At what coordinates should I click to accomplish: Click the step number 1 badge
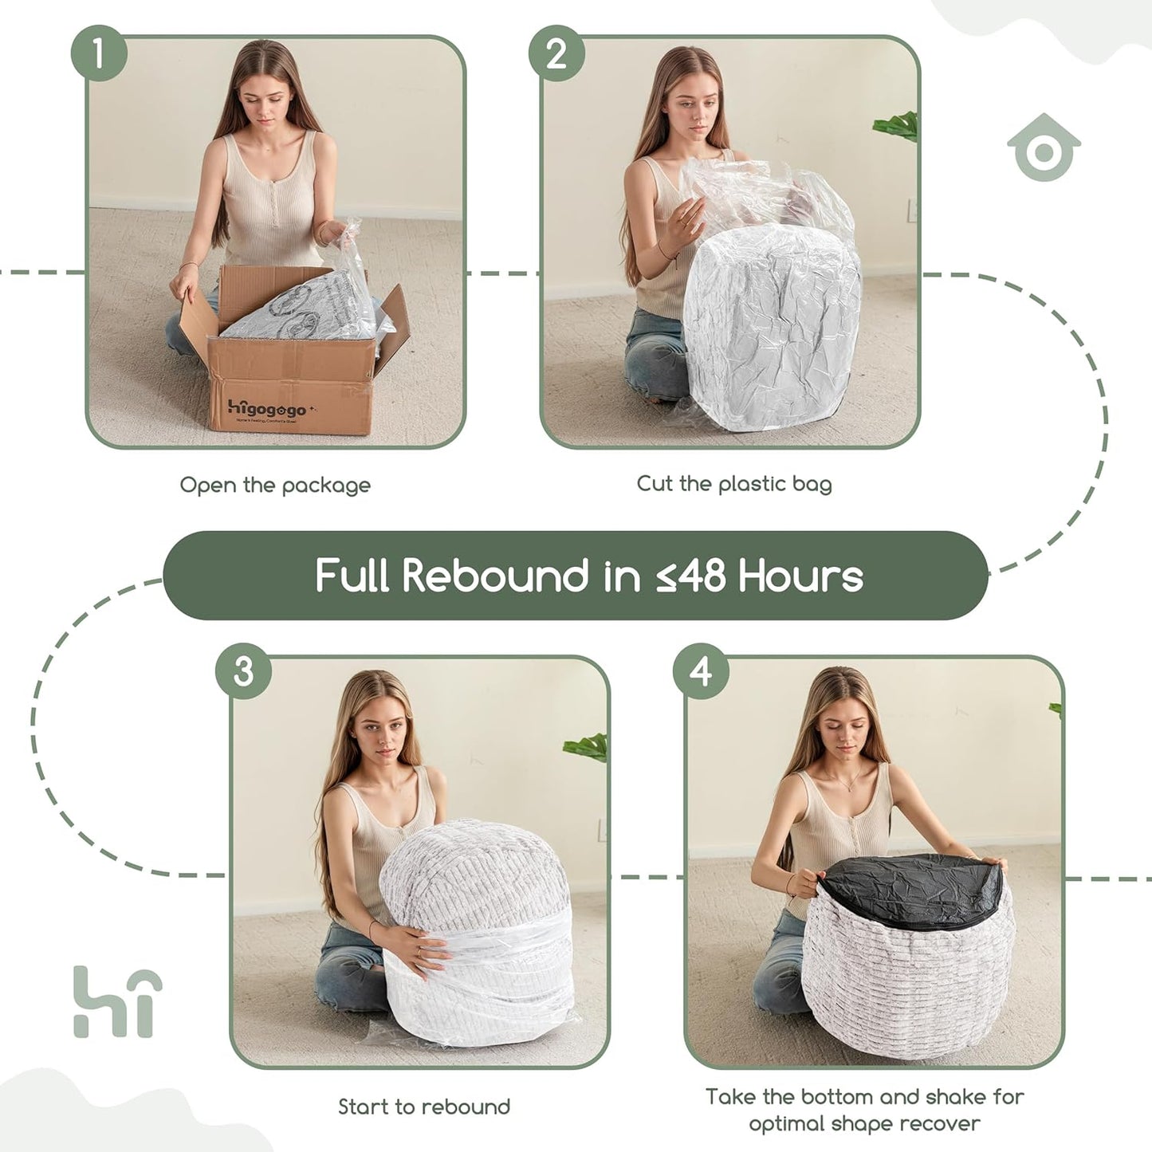99,53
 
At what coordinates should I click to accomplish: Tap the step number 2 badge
556,53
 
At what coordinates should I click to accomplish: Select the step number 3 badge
243,671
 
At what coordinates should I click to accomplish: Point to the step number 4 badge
701,671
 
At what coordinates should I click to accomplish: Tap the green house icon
1043,148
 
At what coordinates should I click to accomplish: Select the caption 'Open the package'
275,485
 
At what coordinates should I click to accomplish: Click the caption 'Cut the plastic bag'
733,483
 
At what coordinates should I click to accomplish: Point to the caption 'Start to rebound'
423,1107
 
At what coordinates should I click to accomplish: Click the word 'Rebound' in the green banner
494,576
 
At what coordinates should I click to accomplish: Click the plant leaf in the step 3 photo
586,747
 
